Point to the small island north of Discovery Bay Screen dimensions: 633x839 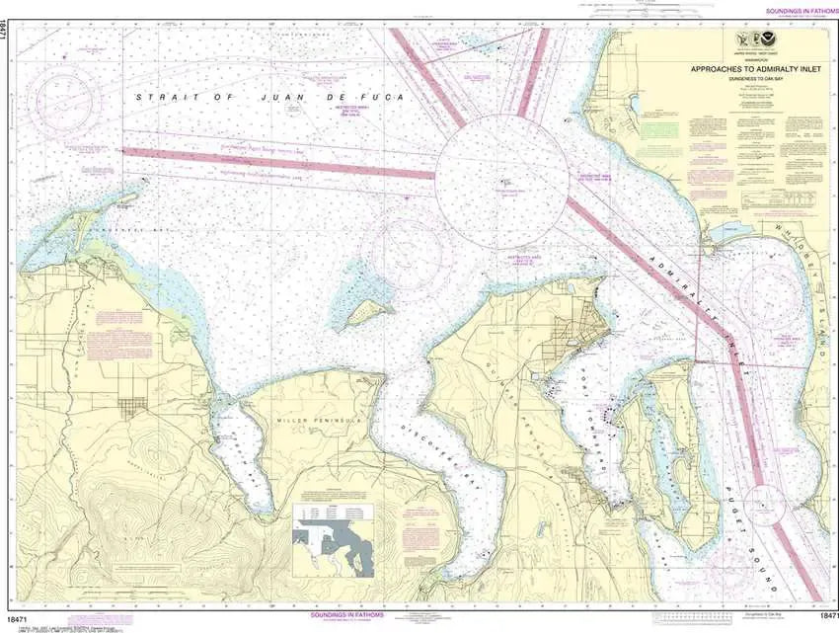pyautogui.click(x=369, y=312)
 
